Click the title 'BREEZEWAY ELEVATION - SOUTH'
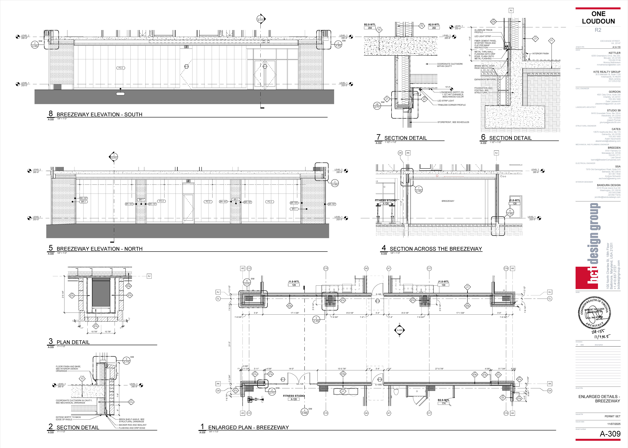click(99, 114)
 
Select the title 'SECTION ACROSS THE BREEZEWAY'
click(436, 249)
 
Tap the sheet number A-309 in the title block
click(610, 434)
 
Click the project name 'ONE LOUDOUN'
click(598, 18)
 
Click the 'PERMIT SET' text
click(612, 416)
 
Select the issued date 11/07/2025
click(614, 424)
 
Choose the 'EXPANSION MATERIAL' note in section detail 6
click(485, 79)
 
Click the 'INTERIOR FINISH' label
click(540, 54)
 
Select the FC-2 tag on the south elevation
click(121, 68)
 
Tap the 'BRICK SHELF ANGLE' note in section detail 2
click(131, 420)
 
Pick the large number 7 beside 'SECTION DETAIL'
click(378, 137)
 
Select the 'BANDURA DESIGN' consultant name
click(608, 185)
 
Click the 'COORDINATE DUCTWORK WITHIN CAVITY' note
click(450, 65)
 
